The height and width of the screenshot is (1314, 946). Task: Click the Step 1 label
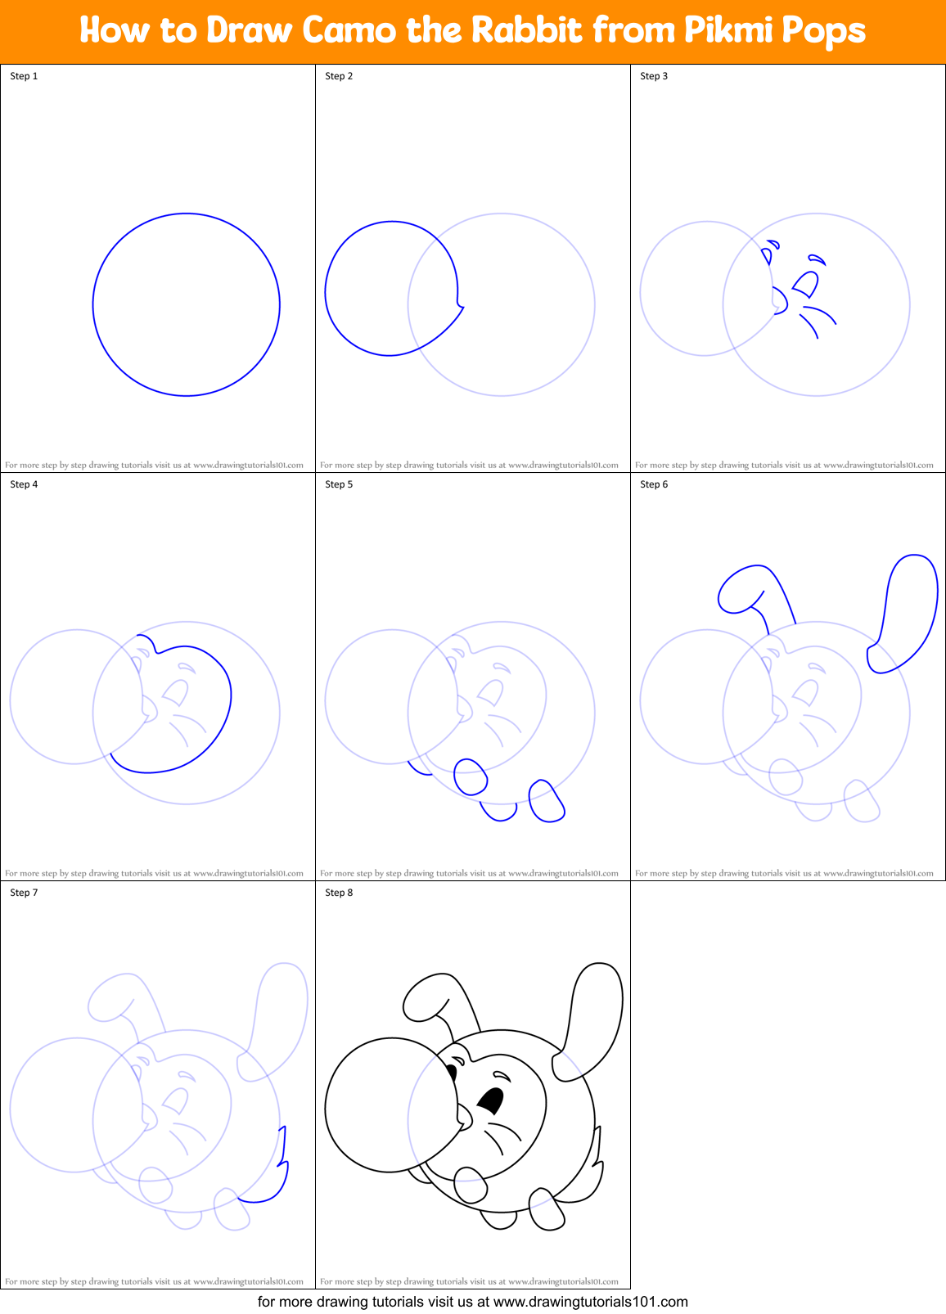[x=24, y=76]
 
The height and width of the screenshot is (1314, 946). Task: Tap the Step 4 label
[x=24, y=484]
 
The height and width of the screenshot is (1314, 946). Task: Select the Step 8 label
[x=339, y=893]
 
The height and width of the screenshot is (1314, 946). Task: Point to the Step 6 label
[x=654, y=484]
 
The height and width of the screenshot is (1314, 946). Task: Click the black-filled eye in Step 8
[x=492, y=1100]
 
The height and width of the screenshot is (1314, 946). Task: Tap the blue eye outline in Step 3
[x=806, y=284]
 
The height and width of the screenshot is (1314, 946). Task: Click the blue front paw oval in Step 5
[x=471, y=776]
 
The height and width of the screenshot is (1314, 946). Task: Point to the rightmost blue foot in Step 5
[x=546, y=802]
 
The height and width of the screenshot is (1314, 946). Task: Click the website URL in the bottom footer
[x=591, y=1302]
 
